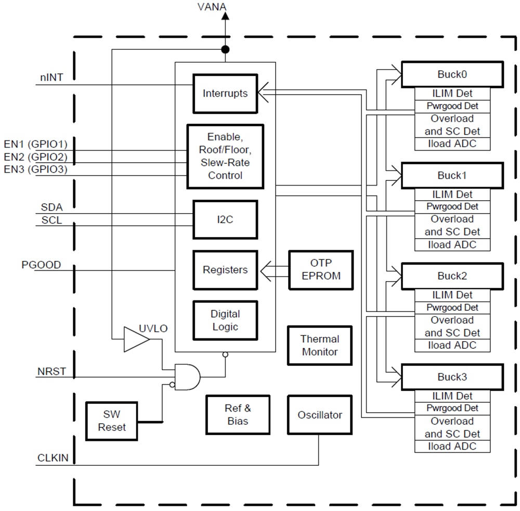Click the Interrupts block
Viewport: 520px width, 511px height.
pos(225,94)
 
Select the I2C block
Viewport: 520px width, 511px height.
pos(225,219)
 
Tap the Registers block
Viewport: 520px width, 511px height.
pos(225,270)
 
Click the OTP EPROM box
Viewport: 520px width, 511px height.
pos(321,270)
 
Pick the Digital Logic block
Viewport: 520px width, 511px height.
pos(225,321)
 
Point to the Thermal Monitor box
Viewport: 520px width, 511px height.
pos(320,345)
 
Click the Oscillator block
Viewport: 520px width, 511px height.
pos(320,415)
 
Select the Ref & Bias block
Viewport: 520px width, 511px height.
pos(238,414)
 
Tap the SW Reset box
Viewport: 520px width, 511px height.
pos(111,421)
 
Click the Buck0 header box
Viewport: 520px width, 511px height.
pos(451,74)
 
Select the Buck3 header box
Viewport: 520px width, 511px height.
pos(451,377)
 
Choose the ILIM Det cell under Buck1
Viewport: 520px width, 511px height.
pos(452,194)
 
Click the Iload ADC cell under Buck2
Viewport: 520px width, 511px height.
pos(452,345)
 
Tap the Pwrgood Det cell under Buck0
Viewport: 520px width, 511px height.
pos(452,106)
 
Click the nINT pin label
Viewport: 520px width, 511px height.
pos(52,77)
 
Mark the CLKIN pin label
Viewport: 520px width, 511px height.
pos(53,458)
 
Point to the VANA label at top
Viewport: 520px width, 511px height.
pos(212,7)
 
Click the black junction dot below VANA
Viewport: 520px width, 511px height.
pos(225,50)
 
